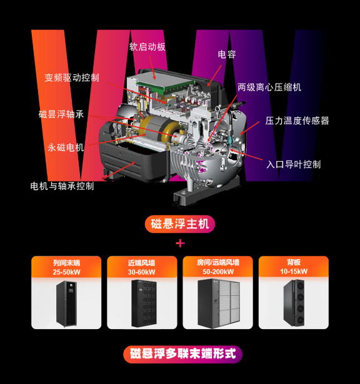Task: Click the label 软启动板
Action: click(x=147, y=47)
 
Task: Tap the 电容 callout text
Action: click(x=227, y=54)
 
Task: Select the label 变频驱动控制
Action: click(x=72, y=77)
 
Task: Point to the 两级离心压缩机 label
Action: click(x=269, y=87)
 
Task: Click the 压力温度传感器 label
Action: click(x=297, y=121)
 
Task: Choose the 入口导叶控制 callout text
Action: click(x=294, y=164)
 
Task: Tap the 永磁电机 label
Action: click(x=66, y=147)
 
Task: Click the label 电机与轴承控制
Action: click(x=62, y=186)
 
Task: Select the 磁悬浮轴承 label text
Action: click(x=61, y=114)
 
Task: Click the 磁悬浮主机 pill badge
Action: click(x=180, y=224)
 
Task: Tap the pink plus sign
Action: click(x=181, y=244)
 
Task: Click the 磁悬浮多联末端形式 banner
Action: click(x=183, y=354)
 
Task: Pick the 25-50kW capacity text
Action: click(x=66, y=272)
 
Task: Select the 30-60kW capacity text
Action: click(x=141, y=272)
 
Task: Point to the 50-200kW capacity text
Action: click(x=218, y=272)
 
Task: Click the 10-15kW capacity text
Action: click(x=294, y=272)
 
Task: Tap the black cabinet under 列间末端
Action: click(x=66, y=304)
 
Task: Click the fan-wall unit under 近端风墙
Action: click(x=144, y=303)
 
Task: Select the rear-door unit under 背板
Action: click(x=294, y=303)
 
